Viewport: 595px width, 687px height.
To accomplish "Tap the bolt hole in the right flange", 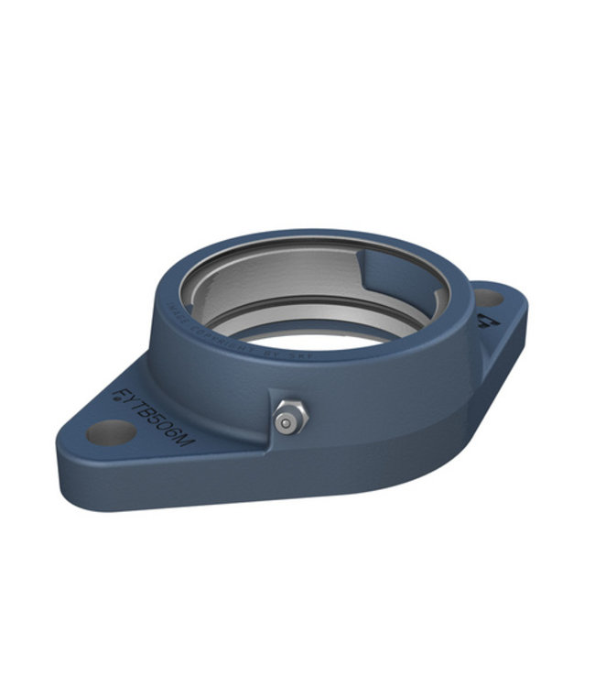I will (x=488, y=298).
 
